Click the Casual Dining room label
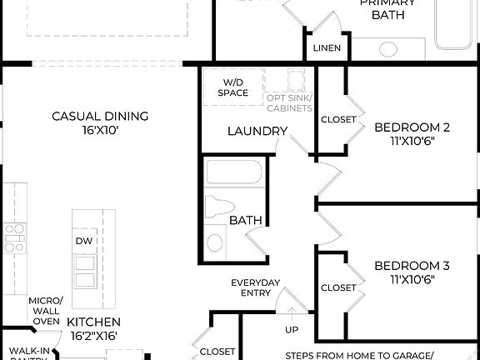click(100, 116)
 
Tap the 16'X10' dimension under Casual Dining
click(100, 130)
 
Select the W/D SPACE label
click(234, 87)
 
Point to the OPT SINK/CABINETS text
click(289, 103)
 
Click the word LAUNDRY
click(257, 132)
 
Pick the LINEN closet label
click(327, 47)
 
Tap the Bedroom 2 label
click(412, 127)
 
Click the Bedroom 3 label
click(412, 266)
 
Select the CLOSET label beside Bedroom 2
click(338, 119)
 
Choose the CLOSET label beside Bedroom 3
click(338, 287)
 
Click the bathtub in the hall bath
click(234, 172)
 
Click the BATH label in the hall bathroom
click(246, 221)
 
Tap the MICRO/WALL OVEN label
click(45, 310)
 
